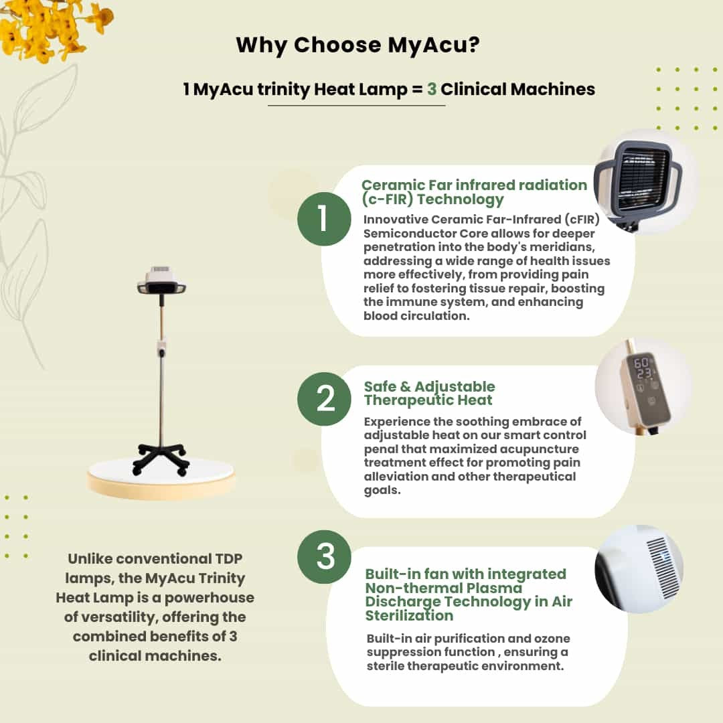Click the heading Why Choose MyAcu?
357,46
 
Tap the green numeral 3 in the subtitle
432,89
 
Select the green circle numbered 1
324,218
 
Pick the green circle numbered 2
324,399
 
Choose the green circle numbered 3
324,556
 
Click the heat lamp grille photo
645,182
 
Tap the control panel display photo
644,386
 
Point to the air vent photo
639,569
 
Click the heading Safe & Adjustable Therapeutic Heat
429,394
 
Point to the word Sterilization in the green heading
409,616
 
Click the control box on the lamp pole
161,348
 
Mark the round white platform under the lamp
161,477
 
